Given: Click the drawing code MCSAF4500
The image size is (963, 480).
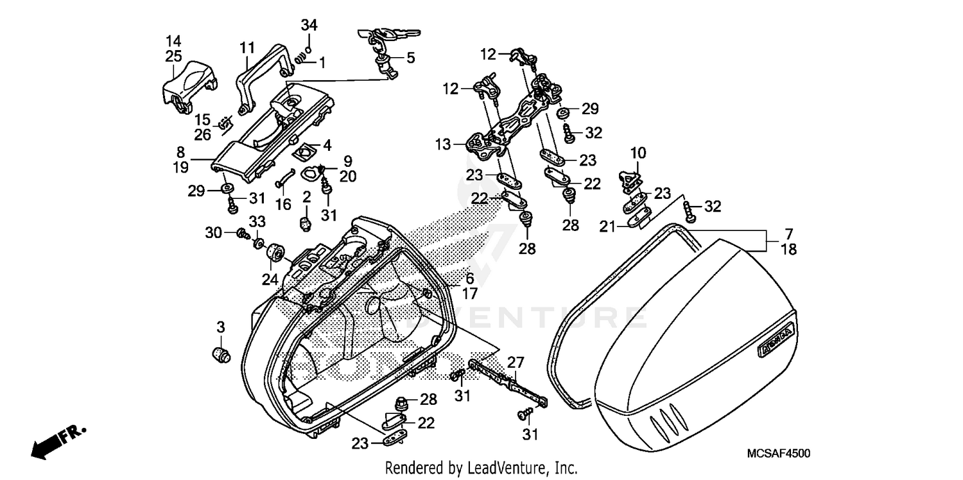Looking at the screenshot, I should tap(778, 454).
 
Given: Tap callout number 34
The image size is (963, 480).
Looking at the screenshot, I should tap(309, 26).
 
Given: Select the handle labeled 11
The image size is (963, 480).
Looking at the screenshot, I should tap(257, 77).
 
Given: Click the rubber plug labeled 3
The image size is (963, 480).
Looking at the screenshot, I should tap(221, 354).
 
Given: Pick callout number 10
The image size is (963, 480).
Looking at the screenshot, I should tap(638, 154).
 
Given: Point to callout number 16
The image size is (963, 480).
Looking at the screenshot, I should tap(283, 205).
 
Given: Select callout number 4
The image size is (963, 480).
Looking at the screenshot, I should tap(327, 146).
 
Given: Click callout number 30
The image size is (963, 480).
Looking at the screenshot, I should tap(213, 232).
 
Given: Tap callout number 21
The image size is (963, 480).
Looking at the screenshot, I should tap(607, 225).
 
